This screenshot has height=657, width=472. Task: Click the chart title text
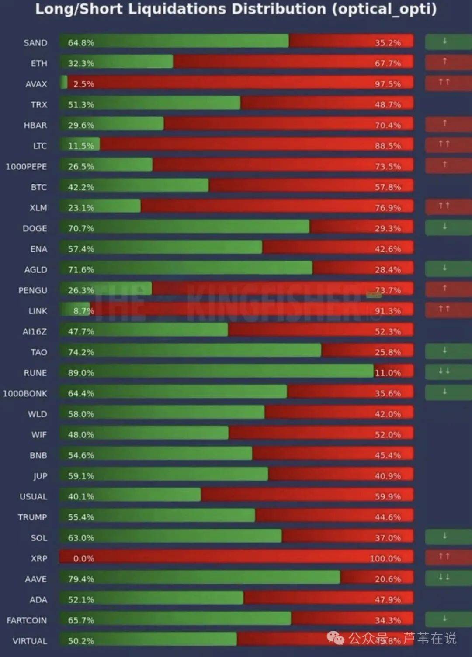click(x=236, y=9)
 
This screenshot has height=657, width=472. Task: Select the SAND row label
click(x=35, y=43)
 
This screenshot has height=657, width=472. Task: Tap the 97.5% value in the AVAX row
click(x=388, y=84)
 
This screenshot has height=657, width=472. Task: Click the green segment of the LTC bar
click(x=80, y=144)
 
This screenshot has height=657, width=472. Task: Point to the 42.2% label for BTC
click(x=81, y=187)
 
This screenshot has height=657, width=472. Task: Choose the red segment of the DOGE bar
click(x=361, y=227)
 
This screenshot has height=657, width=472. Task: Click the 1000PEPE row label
click(x=26, y=167)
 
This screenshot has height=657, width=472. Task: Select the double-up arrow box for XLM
click(x=444, y=206)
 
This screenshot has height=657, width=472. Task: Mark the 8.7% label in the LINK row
click(x=83, y=311)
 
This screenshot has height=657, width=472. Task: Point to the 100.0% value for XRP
click(x=385, y=558)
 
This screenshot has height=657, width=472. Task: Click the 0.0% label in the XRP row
click(x=83, y=558)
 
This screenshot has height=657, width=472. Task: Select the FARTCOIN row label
click(x=27, y=620)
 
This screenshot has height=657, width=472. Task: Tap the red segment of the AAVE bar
click(x=377, y=578)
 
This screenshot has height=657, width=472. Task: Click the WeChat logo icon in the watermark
click(x=336, y=639)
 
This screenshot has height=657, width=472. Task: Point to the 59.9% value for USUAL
click(x=388, y=496)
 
